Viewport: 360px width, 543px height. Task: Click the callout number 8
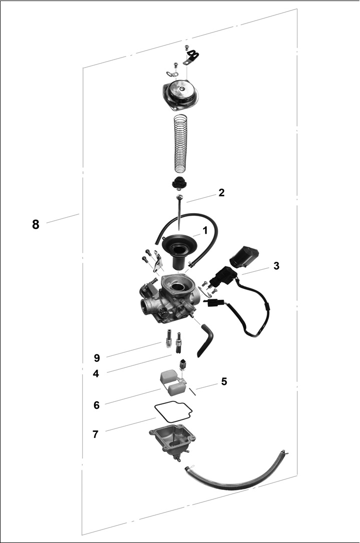pyautogui.click(x=36, y=224)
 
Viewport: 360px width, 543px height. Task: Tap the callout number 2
pyautogui.click(x=221, y=193)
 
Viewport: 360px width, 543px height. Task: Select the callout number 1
pyautogui.click(x=205, y=230)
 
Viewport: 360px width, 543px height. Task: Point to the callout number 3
pyautogui.click(x=276, y=266)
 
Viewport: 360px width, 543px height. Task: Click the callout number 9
pyautogui.click(x=97, y=358)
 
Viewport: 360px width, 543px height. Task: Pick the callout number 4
pyautogui.click(x=96, y=374)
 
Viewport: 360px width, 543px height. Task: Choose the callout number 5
pyautogui.click(x=224, y=382)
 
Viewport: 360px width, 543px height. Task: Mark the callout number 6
pyautogui.click(x=97, y=405)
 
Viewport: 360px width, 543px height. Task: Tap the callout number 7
pyautogui.click(x=96, y=434)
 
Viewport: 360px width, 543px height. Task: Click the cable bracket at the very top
pyautogui.click(x=191, y=57)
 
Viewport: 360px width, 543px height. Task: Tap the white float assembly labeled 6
pyautogui.click(x=172, y=383)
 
